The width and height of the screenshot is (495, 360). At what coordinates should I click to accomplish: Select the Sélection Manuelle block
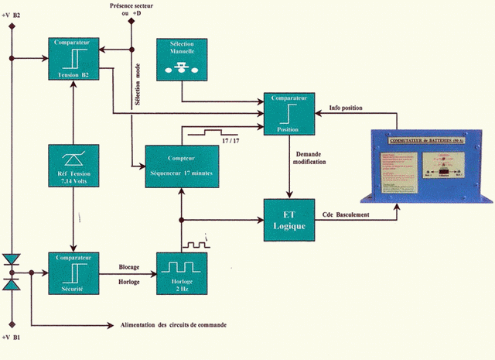tap(183, 58)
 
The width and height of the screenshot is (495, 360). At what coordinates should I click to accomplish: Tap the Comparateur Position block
tap(289, 114)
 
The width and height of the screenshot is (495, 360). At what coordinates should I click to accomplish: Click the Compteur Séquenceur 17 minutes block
tap(183, 165)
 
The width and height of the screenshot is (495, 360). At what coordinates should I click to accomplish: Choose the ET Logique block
tap(289, 219)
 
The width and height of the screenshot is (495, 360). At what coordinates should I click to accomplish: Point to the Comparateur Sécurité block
tap(72, 272)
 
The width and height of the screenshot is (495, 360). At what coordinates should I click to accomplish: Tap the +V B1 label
tap(13, 339)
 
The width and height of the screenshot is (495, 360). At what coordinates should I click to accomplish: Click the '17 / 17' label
tap(230, 140)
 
